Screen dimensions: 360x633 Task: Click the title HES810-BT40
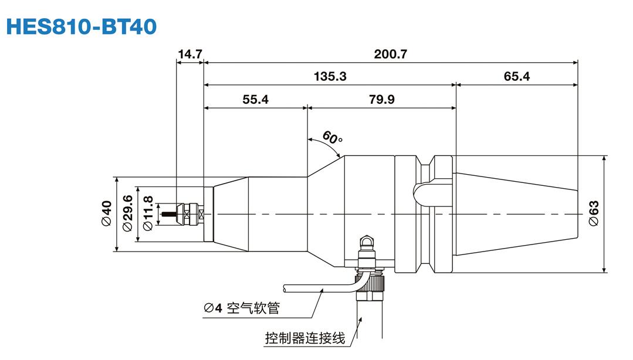[x=82, y=26]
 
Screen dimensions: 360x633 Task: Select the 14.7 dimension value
[x=189, y=54]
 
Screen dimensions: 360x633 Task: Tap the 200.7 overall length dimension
[x=390, y=54]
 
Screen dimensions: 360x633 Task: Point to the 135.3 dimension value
[x=330, y=76]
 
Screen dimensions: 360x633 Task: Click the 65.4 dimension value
[x=516, y=76]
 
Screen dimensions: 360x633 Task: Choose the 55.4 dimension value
[x=255, y=99]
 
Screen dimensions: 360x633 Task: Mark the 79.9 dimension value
[x=381, y=99]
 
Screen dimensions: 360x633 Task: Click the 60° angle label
[x=333, y=139]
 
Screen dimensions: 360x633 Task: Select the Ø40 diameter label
[x=106, y=214]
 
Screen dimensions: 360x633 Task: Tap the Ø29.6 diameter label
[x=128, y=214]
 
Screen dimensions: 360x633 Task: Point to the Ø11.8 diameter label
[x=148, y=214]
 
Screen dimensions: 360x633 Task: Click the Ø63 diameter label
[x=594, y=214]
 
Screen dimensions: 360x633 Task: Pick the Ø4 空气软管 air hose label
[x=242, y=308]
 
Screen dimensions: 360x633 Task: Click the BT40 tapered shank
[x=516, y=215]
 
